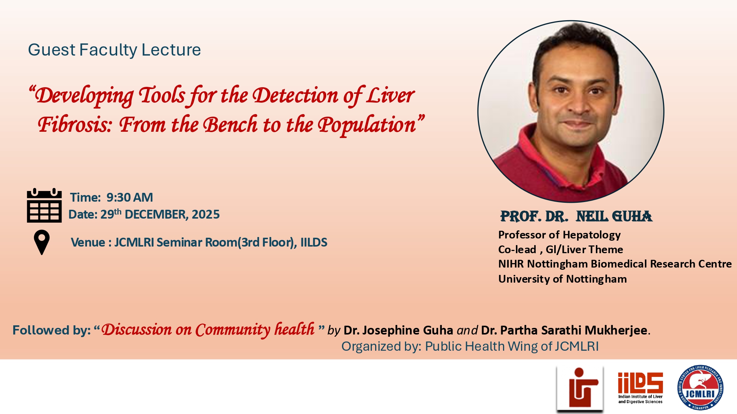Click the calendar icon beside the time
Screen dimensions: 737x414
(x=44, y=205)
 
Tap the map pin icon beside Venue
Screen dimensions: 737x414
(x=42, y=242)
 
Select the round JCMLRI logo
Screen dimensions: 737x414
(x=700, y=388)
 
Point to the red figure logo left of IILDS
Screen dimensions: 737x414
(x=580, y=388)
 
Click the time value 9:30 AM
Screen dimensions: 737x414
(x=130, y=198)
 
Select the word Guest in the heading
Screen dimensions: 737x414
(x=52, y=50)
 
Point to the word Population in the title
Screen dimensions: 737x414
(x=367, y=125)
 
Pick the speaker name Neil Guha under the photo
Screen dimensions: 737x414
(x=614, y=216)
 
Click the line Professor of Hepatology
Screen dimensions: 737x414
(x=559, y=235)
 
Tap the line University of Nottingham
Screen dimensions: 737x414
(x=562, y=279)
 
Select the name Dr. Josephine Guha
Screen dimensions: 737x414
(x=398, y=330)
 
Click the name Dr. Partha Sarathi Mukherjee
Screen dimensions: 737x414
(x=564, y=330)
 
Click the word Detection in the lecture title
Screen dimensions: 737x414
(x=295, y=96)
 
